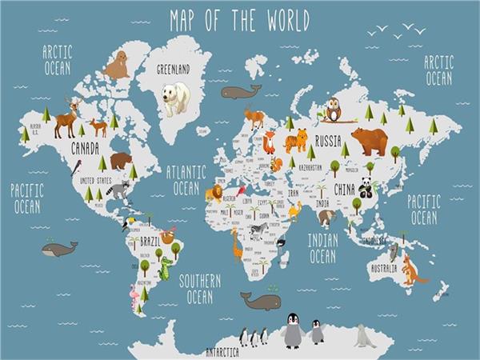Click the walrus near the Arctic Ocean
point(118,66)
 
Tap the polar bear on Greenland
point(177,98)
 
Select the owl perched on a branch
point(334,110)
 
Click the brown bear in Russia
point(370,141)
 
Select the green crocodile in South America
point(166,268)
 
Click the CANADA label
point(85,148)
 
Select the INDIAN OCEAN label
point(322,248)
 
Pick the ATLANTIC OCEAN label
point(186,180)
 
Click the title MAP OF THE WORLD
point(239,19)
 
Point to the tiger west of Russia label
point(295,142)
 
